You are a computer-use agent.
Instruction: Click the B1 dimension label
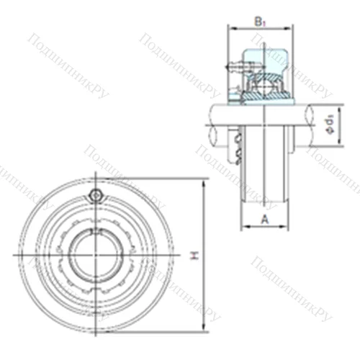pos(260,22)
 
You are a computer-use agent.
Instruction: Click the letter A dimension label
pos(265,218)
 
